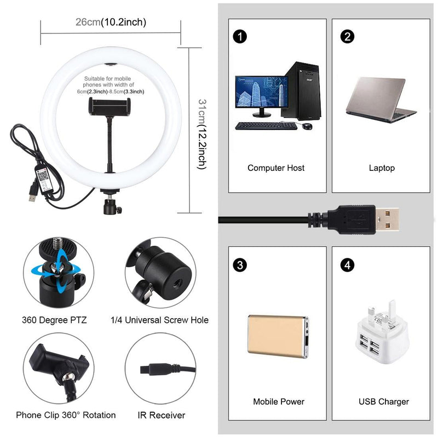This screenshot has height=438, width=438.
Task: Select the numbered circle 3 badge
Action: [239, 266]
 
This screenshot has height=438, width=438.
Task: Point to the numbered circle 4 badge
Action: [347, 266]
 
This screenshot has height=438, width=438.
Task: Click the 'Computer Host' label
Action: [276, 168]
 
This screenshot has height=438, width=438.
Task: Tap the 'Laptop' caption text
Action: [382, 168]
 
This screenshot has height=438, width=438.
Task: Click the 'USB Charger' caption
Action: [383, 401]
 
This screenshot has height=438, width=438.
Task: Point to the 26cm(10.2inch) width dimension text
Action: [111, 22]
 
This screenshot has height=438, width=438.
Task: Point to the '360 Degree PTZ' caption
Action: [54, 320]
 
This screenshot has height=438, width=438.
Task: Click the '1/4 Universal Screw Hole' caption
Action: [159, 320]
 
